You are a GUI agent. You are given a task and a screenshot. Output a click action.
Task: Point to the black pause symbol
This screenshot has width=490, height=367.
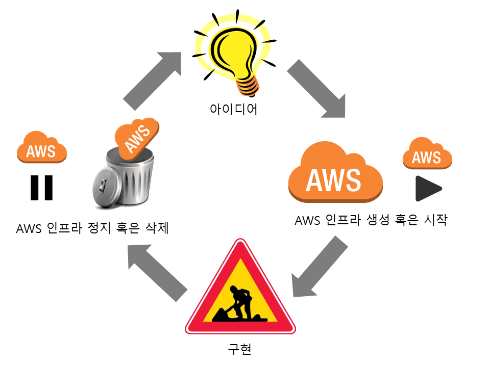click(x=41, y=188)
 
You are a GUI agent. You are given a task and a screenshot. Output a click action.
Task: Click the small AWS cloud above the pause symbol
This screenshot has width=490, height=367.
click(x=42, y=148)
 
